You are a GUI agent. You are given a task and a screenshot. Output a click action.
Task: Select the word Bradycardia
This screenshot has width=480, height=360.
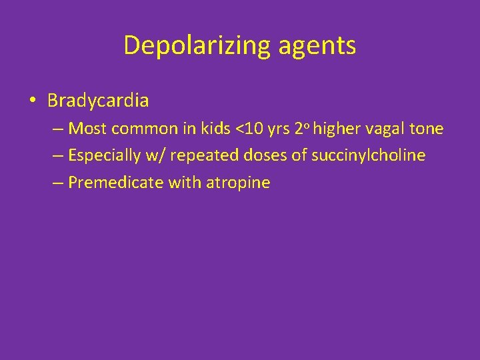tap(98, 101)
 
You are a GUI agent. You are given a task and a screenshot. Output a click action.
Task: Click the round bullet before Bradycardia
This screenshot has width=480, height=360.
tap(32, 101)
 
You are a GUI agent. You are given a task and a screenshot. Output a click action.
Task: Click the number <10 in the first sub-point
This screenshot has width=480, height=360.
tap(251, 128)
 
